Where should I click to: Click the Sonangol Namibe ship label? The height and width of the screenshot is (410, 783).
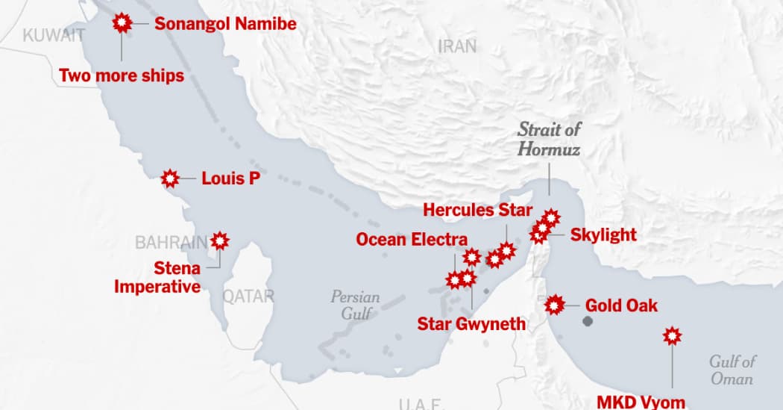(225, 24)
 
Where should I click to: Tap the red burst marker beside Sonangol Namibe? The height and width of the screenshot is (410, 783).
(122, 23)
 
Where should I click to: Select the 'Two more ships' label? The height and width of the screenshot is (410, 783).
(122, 75)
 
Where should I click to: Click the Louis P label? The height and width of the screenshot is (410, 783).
(230, 178)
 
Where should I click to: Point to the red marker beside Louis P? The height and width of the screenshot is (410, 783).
(171, 178)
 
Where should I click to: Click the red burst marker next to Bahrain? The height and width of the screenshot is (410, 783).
(219, 240)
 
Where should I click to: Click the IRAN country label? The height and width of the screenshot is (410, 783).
(457, 46)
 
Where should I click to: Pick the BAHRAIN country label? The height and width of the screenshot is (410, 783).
(171, 242)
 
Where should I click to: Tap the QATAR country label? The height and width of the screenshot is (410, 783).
(248, 296)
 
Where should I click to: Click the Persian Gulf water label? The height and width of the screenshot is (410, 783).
(355, 305)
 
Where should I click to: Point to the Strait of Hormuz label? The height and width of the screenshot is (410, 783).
(550, 139)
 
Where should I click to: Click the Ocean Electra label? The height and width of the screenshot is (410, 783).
(412, 240)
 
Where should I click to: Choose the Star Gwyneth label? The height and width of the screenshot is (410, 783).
(471, 323)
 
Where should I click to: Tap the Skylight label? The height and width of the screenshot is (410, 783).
(603, 234)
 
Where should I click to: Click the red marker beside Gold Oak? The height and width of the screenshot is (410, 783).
(554, 305)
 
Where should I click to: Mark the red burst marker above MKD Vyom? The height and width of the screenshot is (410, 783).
(673, 336)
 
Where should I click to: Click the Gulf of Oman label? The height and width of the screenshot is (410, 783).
(733, 370)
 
